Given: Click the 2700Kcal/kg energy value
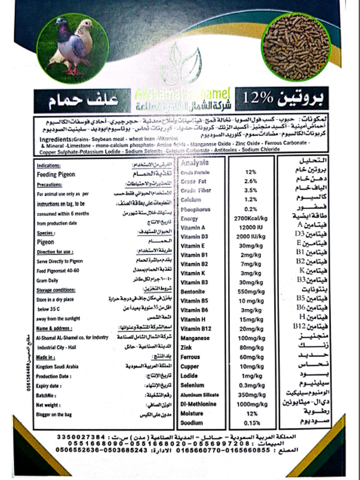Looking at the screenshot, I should (250, 218).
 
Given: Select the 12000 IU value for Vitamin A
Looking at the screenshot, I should (251, 227).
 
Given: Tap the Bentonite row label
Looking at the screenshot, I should (193, 292).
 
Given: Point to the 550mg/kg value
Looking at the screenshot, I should (251, 292).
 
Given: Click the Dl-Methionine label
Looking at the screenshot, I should (198, 404).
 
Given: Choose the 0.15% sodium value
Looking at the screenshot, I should (252, 423).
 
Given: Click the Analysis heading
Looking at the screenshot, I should (195, 163).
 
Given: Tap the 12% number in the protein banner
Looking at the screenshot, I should (258, 98).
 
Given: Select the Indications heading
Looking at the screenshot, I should (49, 166).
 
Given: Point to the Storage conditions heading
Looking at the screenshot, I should (56, 290).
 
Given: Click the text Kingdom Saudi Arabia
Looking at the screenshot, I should (57, 367).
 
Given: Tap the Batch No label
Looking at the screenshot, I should (46, 395).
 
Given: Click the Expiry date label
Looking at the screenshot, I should (49, 386).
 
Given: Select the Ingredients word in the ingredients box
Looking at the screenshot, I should (56, 139).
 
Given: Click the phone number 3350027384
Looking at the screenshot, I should (81, 437).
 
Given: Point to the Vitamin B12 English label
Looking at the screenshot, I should (196, 329).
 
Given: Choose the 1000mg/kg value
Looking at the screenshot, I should (252, 404).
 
